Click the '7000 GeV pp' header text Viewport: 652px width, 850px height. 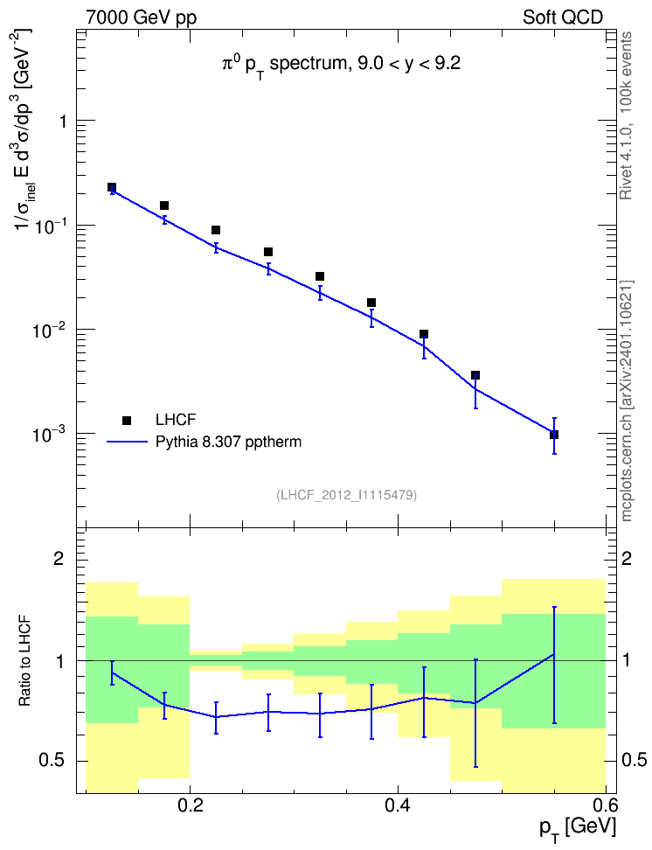click(141, 17)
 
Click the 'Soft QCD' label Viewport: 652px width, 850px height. click(563, 17)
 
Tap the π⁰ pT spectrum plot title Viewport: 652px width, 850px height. click(341, 65)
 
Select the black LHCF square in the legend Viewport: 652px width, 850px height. click(127, 420)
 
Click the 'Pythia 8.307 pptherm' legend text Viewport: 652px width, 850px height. click(228, 442)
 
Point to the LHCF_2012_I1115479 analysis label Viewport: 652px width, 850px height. click(346, 495)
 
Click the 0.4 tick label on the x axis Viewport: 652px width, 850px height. click(398, 805)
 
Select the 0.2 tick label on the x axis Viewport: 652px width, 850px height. click(190, 805)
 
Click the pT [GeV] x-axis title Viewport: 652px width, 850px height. click(578, 829)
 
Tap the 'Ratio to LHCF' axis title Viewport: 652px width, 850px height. click(24, 661)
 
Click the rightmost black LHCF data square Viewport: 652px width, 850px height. click(554, 435)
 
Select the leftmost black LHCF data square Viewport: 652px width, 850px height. click(112, 187)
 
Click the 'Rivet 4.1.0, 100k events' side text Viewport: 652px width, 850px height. click(626, 115)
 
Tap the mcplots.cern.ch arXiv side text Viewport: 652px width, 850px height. click(627, 401)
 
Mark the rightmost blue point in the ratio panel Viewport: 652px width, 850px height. click(554, 654)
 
